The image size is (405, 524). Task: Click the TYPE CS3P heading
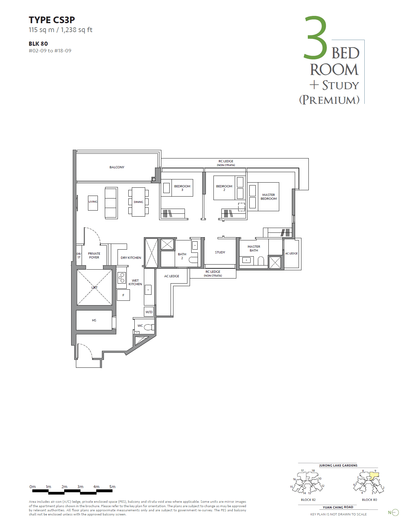52,20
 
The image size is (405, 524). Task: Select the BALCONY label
117,167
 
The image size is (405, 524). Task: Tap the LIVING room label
93,202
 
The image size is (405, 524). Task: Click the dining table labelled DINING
138,202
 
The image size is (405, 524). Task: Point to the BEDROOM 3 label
182,188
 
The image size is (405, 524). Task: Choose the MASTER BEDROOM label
268,197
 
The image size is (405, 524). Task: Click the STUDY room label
220,252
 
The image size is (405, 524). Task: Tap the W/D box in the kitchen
149,312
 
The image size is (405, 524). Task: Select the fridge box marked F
123,295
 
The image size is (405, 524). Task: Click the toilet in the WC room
149,327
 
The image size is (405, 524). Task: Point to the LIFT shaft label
94,287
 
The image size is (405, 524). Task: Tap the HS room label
94,320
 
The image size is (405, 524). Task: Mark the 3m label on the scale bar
80,487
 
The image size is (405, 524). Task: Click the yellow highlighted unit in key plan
374,475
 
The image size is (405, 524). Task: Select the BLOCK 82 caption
308,500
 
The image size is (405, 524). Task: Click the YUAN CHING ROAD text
338,507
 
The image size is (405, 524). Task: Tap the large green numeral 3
315,38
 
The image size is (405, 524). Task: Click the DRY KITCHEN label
131,258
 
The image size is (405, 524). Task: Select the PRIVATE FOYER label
94,255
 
